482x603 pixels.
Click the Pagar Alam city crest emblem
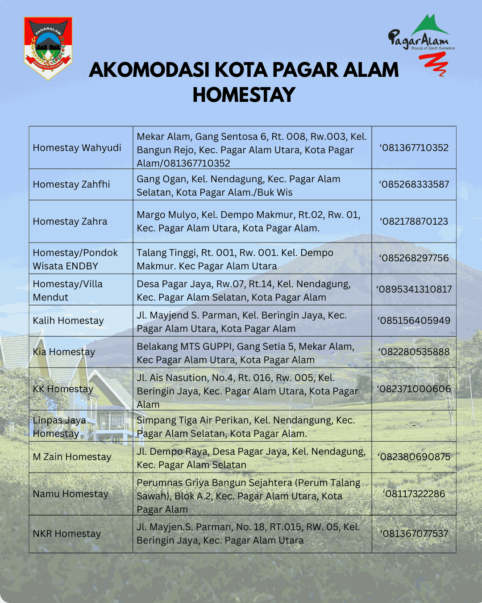(48, 48)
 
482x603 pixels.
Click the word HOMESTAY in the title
(244, 95)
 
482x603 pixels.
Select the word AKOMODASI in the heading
(150, 70)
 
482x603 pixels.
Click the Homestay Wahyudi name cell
(77, 148)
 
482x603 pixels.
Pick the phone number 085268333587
(414, 184)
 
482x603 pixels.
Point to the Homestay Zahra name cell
(70, 222)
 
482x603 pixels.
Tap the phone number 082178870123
(414, 222)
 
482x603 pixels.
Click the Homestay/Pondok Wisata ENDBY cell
(75, 259)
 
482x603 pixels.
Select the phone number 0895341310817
(414, 289)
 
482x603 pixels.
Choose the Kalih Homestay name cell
(68, 321)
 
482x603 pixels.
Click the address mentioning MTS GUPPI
(245, 353)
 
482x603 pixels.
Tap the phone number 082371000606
(414, 389)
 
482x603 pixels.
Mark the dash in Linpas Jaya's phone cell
(414, 426)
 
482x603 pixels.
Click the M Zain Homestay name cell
(72, 457)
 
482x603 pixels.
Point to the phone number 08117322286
(414, 494)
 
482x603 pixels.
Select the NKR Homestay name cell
(67, 534)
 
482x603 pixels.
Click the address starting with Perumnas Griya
(248, 496)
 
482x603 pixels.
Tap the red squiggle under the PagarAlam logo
(435, 64)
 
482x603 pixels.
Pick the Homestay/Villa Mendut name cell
(68, 290)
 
